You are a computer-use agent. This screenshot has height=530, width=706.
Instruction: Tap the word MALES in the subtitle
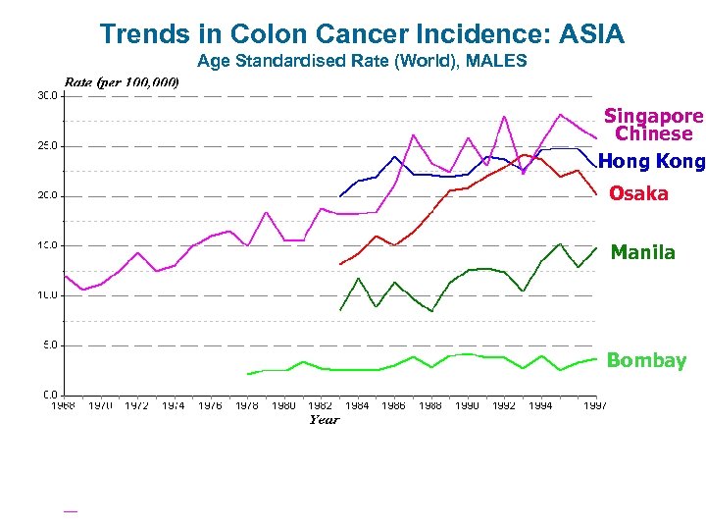click(x=499, y=61)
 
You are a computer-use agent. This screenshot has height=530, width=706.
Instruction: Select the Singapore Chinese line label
click(x=653, y=125)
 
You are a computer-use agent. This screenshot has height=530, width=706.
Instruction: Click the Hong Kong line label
click(x=651, y=161)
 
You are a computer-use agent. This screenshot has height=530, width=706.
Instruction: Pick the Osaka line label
click(x=638, y=194)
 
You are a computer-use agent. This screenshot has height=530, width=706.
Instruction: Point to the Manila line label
click(x=642, y=252)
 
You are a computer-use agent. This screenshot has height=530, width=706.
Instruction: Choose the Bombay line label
click(x=646, y=360)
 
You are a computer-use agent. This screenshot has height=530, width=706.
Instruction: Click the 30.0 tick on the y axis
click(x=47, y=95)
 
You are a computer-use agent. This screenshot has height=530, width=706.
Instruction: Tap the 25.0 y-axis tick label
click(x=47, y=145)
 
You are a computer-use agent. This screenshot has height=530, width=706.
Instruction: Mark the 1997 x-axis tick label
click(x=594, y=405)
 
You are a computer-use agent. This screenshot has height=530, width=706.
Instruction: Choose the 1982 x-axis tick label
click(x=320, y=405)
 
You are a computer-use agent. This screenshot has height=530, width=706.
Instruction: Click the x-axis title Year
click(x=324, y=420)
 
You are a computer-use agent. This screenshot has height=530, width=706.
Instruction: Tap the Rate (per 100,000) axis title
click(x=122, y=81)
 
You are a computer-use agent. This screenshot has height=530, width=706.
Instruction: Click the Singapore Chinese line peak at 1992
click(x=504, y=117)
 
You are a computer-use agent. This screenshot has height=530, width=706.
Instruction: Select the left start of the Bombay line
click(x=248, y=374)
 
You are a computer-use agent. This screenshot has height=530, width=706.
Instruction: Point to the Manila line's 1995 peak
click(x=559, y=243)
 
